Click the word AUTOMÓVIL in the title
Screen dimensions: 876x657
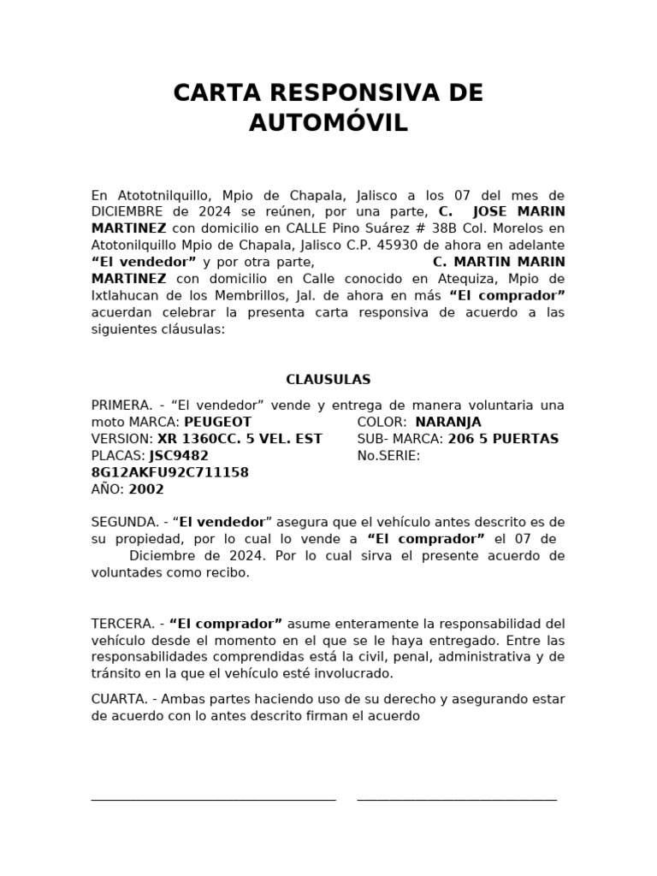tap(328, 123)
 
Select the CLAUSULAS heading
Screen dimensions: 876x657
tap(328, 380)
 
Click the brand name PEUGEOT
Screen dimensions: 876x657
tap(218, 422)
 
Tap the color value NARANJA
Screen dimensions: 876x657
tap(448, 422)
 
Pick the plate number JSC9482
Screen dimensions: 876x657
tap(179, 456)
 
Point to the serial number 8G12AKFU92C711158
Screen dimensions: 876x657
tap(170, 472)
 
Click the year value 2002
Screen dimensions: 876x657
tap(147, 489)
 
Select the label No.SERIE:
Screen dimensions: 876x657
tap(388, 456)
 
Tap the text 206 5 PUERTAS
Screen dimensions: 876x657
tap(503, 439)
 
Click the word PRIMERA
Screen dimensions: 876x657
tap(121, 405)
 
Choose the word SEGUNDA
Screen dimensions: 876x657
tap(123, 522)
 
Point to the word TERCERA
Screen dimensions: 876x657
tap(121, 624)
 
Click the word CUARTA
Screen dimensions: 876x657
tap(118, 699)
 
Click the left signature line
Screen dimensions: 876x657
tap(213, 800)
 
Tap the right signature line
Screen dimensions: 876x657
tap(457, 800)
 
